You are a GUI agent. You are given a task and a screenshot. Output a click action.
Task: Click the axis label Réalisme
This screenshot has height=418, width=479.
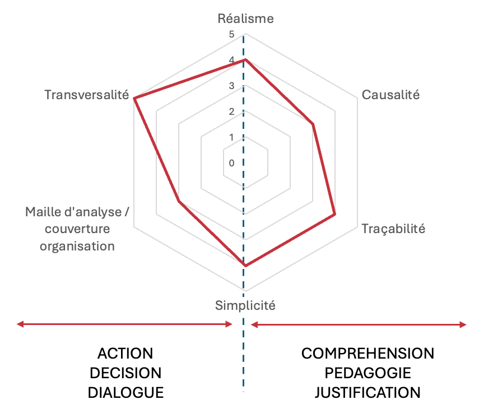point(245,18)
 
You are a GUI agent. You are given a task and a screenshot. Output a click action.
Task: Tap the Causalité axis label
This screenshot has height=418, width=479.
point(390,95)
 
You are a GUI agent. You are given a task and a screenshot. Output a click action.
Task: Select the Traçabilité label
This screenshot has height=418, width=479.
point(393,229)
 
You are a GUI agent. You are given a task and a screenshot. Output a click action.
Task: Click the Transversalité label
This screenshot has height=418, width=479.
point(87,95)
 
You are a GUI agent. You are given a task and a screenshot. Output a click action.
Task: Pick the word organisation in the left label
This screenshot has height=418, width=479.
point(77,246)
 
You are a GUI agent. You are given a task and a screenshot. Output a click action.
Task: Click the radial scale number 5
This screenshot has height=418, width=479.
point(232,35)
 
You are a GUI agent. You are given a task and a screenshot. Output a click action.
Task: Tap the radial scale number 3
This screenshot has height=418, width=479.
point(232,86)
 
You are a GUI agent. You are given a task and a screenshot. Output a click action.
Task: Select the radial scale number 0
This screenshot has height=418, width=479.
point(232,163)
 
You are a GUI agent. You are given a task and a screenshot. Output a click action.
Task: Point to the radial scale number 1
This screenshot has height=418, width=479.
point(232,137)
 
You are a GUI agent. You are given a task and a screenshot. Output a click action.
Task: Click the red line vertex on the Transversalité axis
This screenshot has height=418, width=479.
point(134,99)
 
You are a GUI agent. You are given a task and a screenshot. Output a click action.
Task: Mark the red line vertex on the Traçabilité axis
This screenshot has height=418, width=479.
point(334,214)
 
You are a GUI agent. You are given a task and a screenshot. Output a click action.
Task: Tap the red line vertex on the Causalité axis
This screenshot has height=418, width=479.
point(313,124)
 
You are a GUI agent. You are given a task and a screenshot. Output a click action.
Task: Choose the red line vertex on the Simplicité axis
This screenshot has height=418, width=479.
point(244,265)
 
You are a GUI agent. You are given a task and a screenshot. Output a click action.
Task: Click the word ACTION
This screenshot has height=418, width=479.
point(125,354)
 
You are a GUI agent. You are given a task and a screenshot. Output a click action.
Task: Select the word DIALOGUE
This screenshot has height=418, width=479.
point(125,392)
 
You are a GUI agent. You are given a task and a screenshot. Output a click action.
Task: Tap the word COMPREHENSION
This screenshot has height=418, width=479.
point(368,354)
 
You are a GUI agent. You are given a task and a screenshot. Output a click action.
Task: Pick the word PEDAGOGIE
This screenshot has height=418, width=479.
point(368,373)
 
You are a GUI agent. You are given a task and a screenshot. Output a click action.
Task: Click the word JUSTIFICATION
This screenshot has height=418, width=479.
point(368,392)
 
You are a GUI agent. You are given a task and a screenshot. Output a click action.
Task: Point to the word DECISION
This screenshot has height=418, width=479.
point(125,373)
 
